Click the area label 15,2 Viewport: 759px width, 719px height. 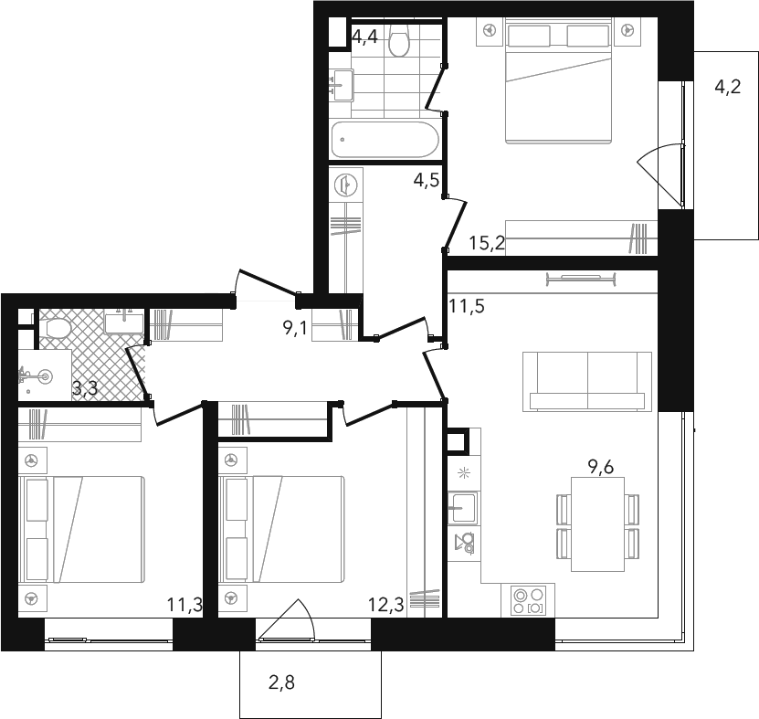[x=487, y=243]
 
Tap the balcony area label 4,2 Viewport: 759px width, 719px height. [x=728, y=87]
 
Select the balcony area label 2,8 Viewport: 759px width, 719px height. [x=281, y=682]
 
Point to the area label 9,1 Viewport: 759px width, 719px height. [x=295, y=329]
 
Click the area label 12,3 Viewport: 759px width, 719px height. [x=385, y=605]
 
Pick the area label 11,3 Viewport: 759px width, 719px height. [x=184, y=605]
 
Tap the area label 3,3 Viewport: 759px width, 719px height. [x=85, y=388]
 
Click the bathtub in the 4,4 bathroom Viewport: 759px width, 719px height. [x=385, y=140]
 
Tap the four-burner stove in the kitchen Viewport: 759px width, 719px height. [x=528, y=601]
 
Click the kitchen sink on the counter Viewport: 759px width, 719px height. [x=463, y=508]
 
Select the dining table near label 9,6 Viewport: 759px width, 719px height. [x=598, y=524]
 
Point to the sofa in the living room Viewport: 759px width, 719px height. [x=587, y=382]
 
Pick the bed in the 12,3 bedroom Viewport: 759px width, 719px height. [x=281, y=529]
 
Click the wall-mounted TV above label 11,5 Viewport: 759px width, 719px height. [x=581, y=278]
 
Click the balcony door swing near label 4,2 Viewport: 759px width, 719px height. [x=660, y=174]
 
